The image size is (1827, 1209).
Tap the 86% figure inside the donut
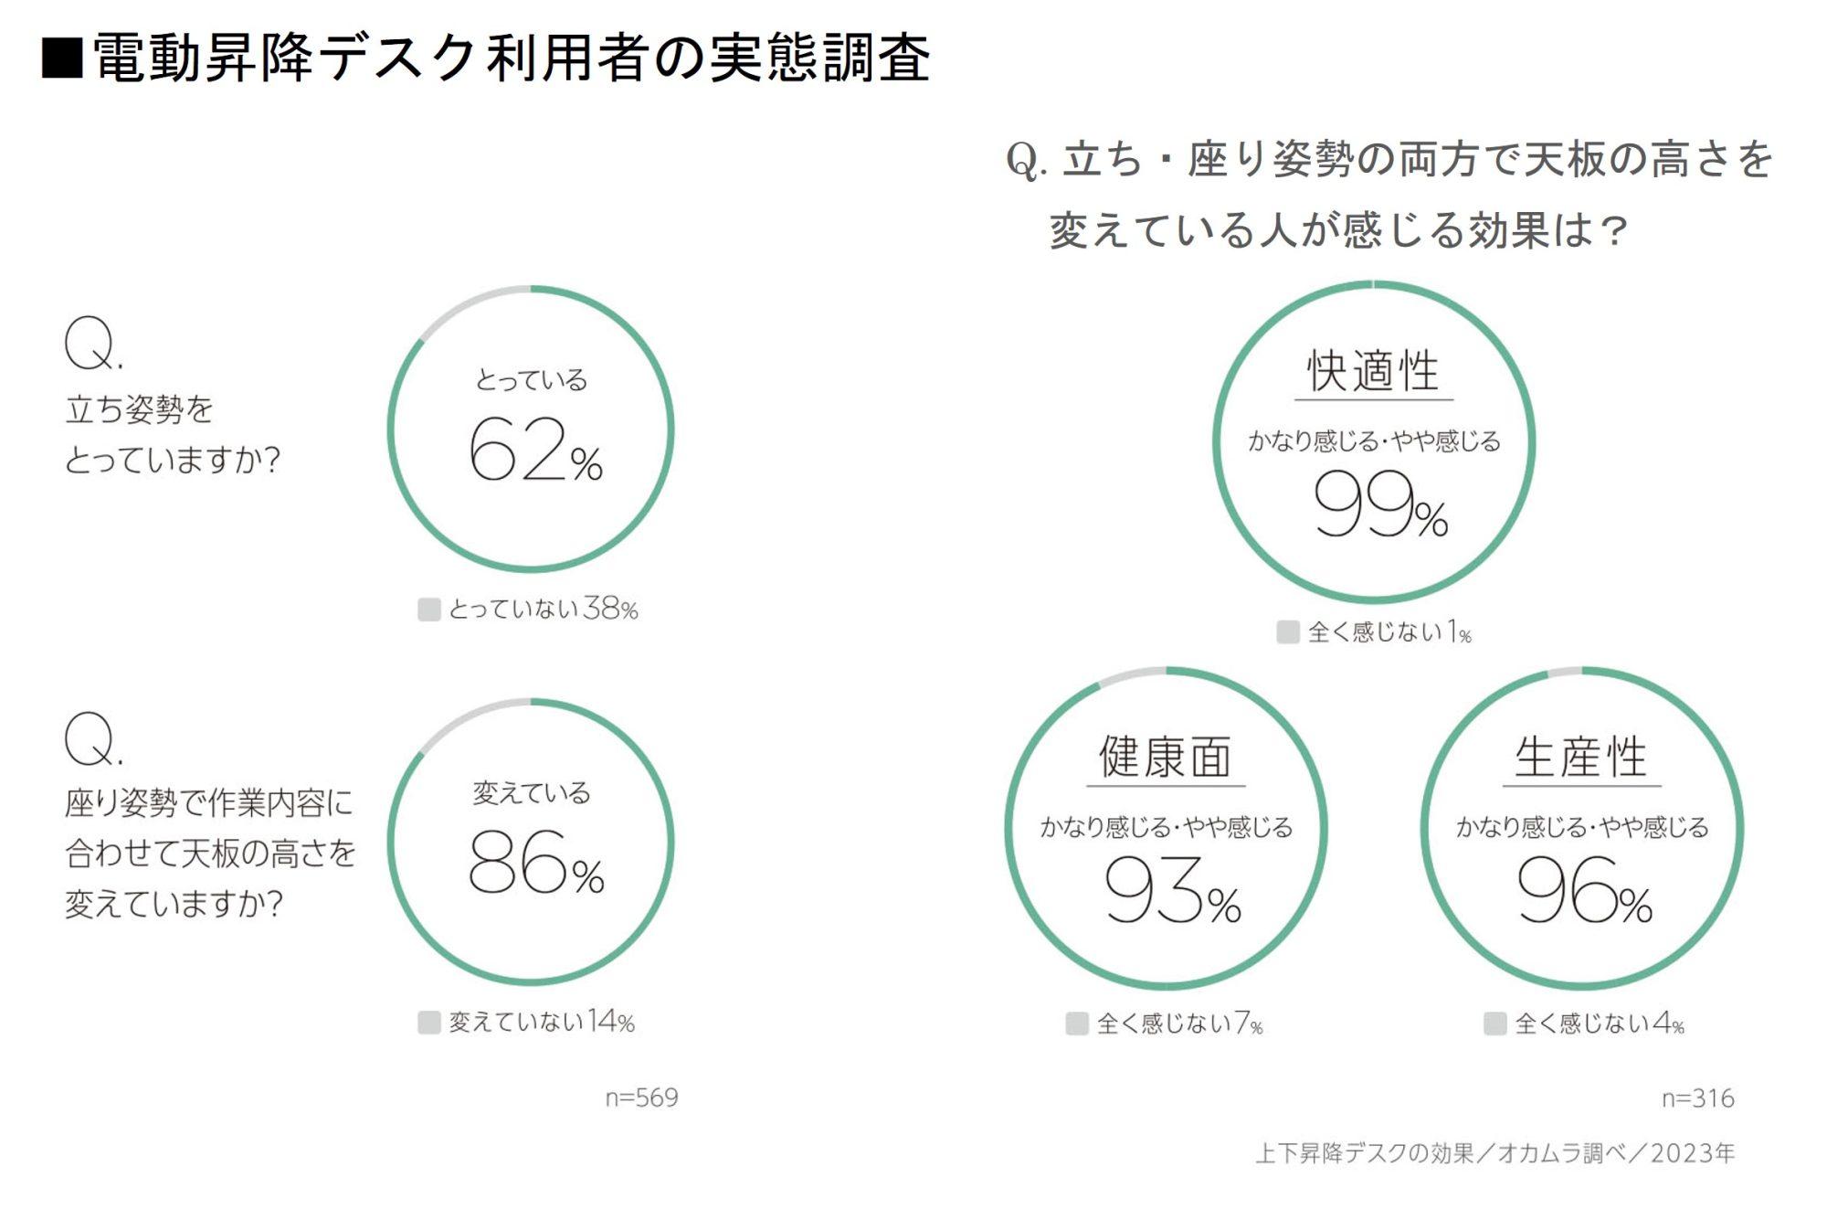point(535,863)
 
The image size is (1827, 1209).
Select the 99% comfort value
point(1379,504)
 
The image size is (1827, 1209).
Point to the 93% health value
point(1172,890)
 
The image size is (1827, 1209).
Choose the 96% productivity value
point(1584,890)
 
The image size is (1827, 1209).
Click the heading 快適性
point(1373,371)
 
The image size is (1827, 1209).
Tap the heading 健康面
point(1166,757)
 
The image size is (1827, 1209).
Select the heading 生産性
point(1581,757)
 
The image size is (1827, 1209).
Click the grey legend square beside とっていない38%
point(428,610)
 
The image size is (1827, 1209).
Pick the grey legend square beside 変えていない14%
point(428,1022)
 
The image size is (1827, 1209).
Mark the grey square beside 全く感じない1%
point(1288,631)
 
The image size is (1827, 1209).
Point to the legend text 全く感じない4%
point(1599,1023)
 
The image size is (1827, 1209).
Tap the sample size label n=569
point(641,1098)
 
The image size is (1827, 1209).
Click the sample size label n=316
point(1697,1098)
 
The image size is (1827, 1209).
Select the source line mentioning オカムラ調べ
point(1494,1153)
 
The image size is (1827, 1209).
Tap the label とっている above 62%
point(532,380)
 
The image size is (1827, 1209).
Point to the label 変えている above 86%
point(532,792)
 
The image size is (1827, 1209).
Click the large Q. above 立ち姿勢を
point(92,344)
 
